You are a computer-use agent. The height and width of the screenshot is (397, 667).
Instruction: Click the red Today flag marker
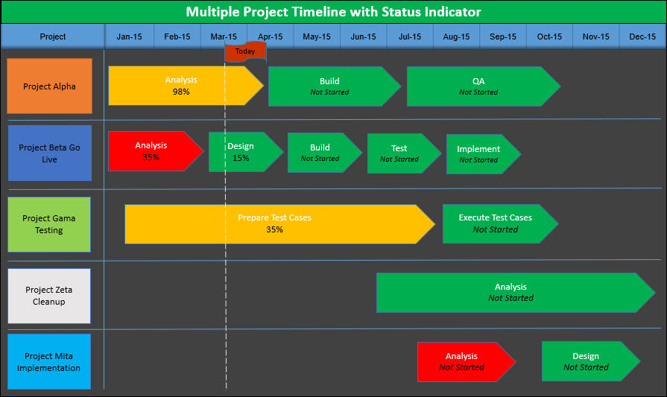click(244, 51)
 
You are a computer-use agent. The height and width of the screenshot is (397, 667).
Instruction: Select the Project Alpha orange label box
click(49, 86)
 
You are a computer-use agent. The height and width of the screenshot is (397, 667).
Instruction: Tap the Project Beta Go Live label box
click(49, 153)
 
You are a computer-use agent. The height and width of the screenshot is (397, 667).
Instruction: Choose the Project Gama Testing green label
click(49, 224)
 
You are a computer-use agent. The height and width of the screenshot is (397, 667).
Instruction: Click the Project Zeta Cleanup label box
click(49, 296)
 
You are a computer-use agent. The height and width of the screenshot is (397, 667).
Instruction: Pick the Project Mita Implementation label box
click(49, 361)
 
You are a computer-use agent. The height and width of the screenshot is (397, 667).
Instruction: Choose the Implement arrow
click(480, 154)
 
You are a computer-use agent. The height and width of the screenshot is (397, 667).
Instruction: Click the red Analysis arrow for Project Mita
click(463, 361)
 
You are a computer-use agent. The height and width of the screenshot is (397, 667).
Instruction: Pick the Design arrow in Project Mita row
click(587, 361)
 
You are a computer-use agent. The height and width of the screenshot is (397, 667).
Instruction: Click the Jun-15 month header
click(363, 36)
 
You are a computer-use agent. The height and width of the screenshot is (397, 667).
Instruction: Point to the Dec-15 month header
click(642, 36)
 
